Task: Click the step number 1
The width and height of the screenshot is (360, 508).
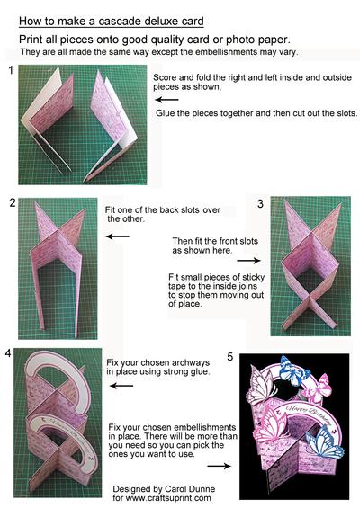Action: pyautogui.click(x=11, y=69)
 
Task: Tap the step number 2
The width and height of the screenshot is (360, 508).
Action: pyautogui.click(x=13, y=203)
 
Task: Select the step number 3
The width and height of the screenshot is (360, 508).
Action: pyautogui.click(x=260, y=204)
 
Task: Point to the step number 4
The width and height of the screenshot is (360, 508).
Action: pyautogui.click(x=8, y=353)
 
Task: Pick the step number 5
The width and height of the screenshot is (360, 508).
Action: pyautogui.click(x=229, y=357)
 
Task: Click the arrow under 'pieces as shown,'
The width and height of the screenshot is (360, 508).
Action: pyautogui.click(x=167, y=100)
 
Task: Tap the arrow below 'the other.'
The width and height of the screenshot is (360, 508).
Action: pyautogui.click(x=117, y=236)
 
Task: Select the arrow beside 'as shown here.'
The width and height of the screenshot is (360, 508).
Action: pyautogui.click(x=248, y=260)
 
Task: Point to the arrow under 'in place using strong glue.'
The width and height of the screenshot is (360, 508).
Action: pyautogui.click(x=121, y=386)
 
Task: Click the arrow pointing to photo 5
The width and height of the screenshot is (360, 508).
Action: pyautogui.click(x=220, y=466)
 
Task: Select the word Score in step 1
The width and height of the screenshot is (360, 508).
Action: pyautogui.click(x=165, y=77)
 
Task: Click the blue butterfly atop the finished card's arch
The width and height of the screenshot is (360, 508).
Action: pyautogui.click(x=291, y=370)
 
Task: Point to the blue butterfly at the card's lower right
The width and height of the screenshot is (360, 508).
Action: pyautogui.click(x=324, y=441)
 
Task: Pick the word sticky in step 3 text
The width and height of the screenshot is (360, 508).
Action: pyautogui.click(x=252, y=278)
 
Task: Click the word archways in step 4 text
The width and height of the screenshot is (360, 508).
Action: pyautogui.click(x=191, y=363)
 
